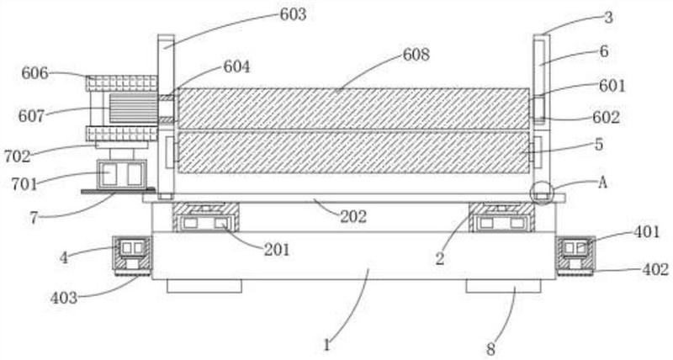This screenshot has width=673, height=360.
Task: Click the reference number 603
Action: tap(293, 14)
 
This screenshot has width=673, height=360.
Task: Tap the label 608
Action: tap(416, 55)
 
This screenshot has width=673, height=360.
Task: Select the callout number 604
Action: tap(236, 67)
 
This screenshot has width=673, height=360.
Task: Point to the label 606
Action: tap(35, 73)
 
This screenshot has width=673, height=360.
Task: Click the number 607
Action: tap(31, 116)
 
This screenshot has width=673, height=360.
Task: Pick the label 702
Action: tap(18, 156)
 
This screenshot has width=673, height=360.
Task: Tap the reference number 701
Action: tap(24, 184)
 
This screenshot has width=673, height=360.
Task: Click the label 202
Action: tap(353, 217)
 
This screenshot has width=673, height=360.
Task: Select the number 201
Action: tap(277, 249)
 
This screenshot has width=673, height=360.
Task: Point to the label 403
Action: tap(64, 298)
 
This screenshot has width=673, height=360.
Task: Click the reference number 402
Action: tap(655, 269)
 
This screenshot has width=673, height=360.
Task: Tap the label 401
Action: tap(647, 232)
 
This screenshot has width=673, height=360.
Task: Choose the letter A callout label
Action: tap(602, 183)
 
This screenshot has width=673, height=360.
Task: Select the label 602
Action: tap(606, 117)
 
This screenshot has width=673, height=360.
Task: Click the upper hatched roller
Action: tap(353, 109)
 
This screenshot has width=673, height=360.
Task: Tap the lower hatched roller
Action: tap(353, 153)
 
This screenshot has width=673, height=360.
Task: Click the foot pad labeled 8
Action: tap(503, 286)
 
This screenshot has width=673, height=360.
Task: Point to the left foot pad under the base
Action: tap(204, 286)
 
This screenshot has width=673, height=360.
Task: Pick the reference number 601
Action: tap(612, 86)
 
